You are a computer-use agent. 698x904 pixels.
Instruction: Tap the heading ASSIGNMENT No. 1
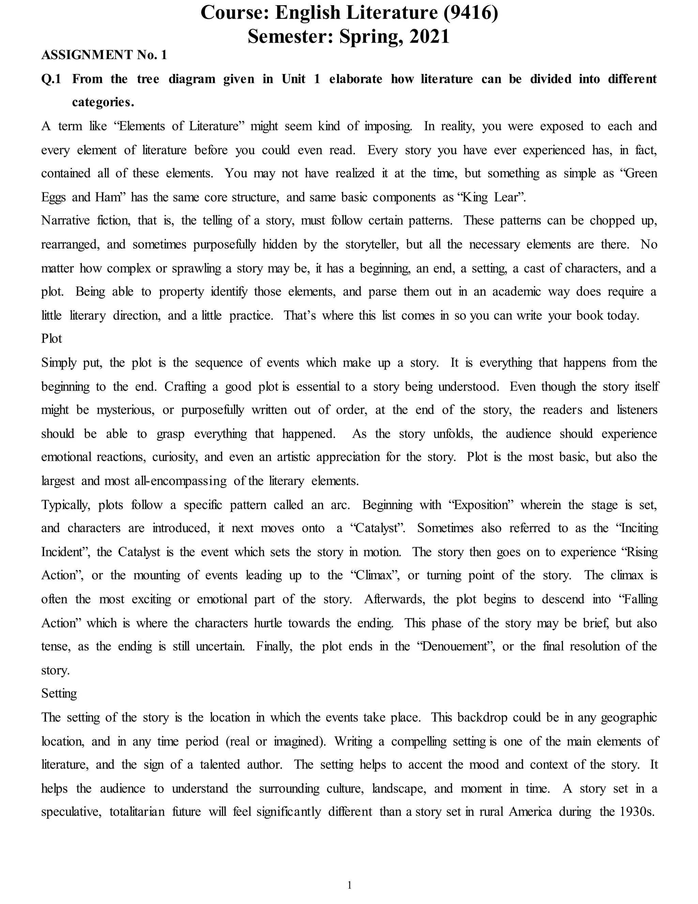pyautogui.click(x=104, y=55)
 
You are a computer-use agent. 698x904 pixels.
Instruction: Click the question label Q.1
pyautogui.click(x=51, y=79)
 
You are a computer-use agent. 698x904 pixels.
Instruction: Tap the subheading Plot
pyautogui.click(x=52, y=339)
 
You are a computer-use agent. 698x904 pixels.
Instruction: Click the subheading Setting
pyautogui.click(x=59, y=693)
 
